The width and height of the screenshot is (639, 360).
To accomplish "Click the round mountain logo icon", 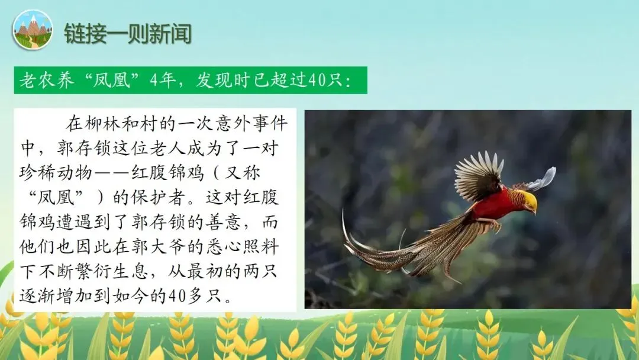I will point(33,30).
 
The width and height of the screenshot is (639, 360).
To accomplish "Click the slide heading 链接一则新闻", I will point(127,34).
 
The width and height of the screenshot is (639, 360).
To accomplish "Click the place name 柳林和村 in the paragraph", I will point(130,124).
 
